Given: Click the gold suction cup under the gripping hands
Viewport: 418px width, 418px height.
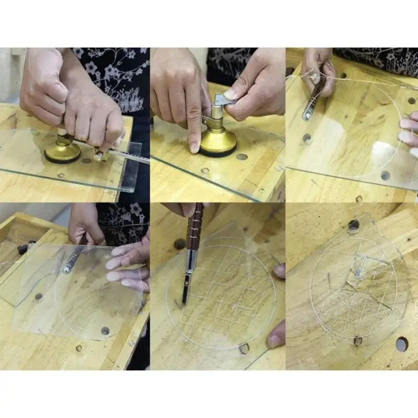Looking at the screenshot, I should click(62, 152).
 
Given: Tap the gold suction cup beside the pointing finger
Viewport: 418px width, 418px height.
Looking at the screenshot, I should click(218, 142).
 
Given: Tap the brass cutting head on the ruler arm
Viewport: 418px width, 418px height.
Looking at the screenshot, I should click(99, 154).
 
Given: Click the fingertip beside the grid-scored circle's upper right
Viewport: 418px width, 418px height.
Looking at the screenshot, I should click(280, 271).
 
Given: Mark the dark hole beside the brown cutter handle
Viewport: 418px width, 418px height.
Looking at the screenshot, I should click(180, 244).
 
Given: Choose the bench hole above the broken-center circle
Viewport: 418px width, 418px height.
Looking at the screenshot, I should click(354, 225).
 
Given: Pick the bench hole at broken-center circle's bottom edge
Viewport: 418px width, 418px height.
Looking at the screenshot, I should click(357, 341).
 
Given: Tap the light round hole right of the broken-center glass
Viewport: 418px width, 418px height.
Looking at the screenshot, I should click(401, 343).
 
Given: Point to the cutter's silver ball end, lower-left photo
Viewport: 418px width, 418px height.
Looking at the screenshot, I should click(67, 270).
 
